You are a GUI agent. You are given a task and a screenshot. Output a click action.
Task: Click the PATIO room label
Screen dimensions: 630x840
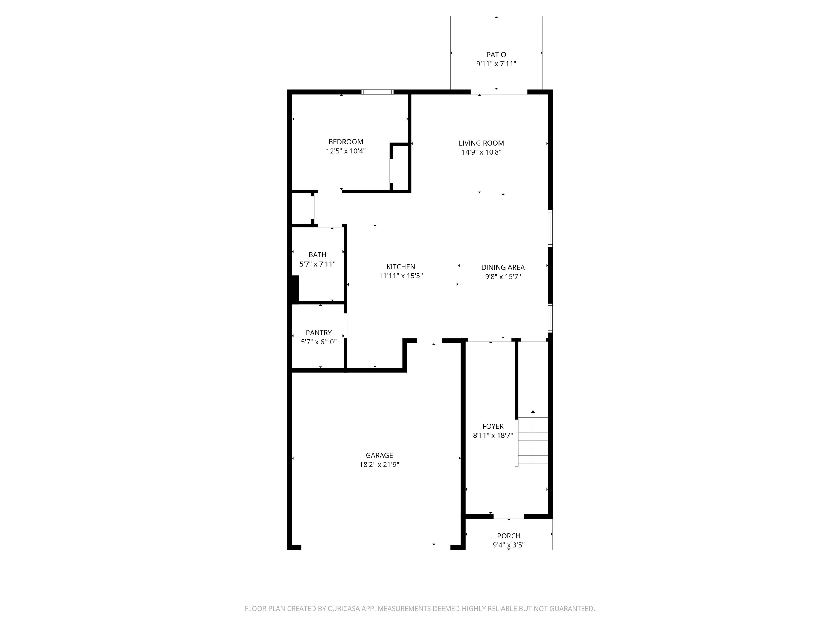tap(496, 55)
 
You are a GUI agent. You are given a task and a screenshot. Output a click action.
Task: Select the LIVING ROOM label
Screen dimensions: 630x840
tap(481, 143)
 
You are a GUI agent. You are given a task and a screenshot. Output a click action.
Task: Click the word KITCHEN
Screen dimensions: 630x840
tap(401, 267)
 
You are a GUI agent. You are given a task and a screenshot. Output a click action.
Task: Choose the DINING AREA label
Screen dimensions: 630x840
tap(503, 267)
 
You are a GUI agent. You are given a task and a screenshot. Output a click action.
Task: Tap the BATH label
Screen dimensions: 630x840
tap(317, 255)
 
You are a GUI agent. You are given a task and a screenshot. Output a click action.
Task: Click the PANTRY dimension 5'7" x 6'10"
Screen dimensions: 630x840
tap(319, 342)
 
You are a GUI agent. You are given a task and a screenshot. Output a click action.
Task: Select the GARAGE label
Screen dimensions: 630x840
tap(379, 455)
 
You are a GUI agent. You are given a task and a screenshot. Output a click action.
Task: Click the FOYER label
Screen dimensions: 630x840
tap(493, 426)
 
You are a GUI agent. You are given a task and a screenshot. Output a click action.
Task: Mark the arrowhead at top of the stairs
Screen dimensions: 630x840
tap(533, 412)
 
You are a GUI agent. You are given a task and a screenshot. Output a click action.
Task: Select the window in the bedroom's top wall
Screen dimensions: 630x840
tap(377, 92)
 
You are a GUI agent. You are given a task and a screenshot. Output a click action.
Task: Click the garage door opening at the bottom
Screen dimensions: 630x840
tap(375, 547)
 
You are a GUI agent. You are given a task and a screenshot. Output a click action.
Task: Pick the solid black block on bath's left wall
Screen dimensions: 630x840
tap(295, 289)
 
